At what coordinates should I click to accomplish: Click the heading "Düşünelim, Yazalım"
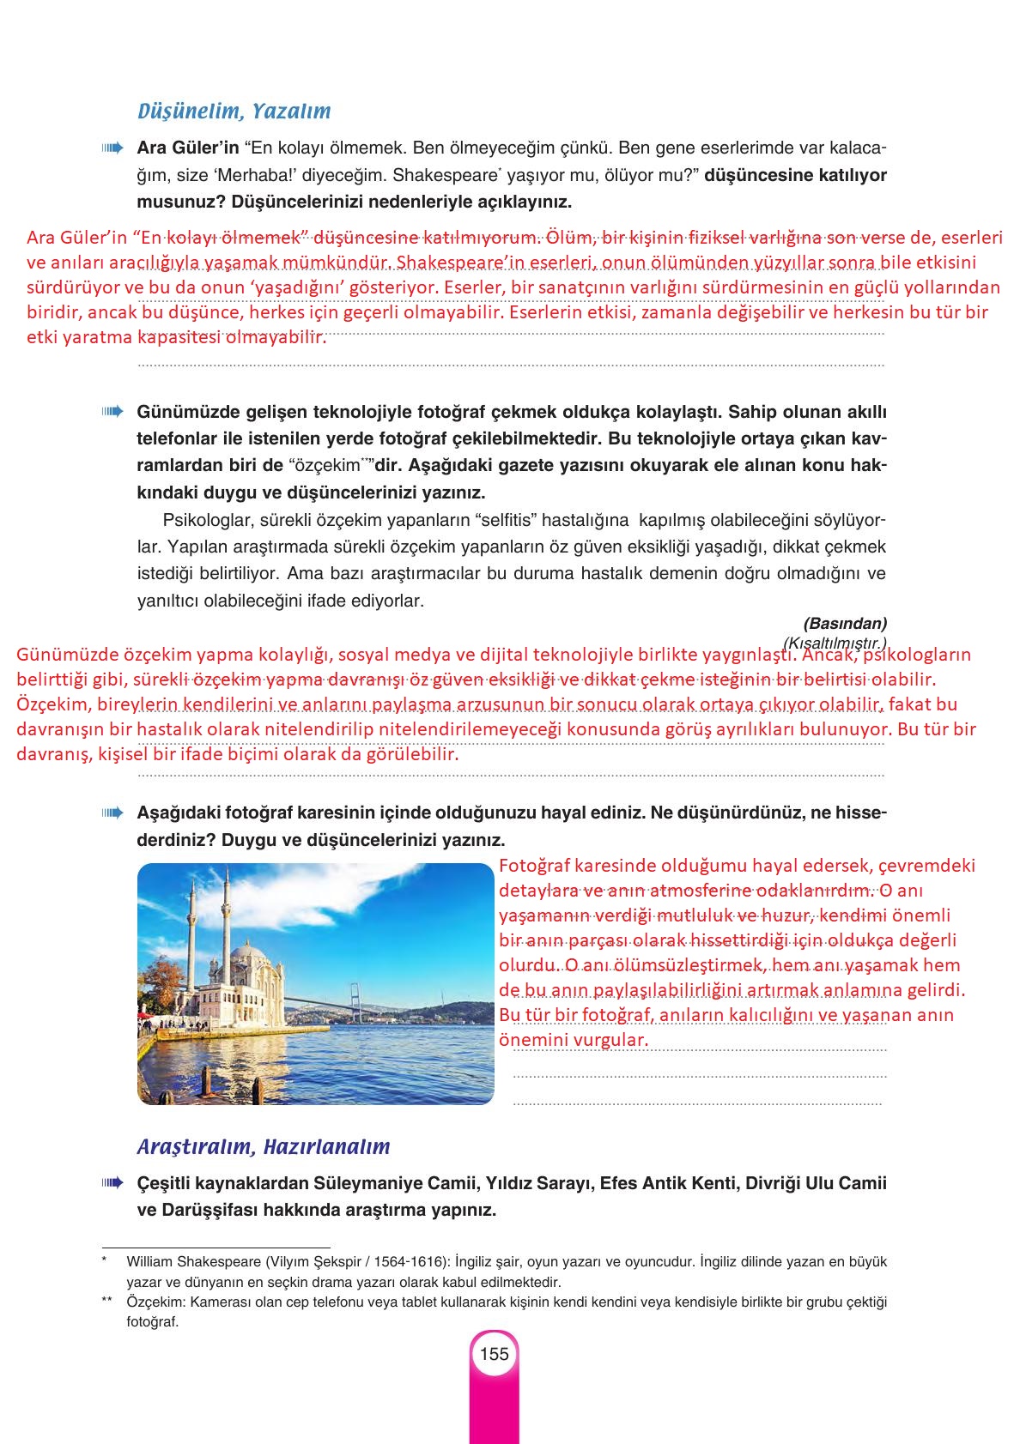pyautogui.click(x=234, y=112)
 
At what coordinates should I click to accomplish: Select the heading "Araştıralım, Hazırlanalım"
pyautogui.click(x=264, y=1147)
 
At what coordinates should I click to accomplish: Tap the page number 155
pyautogui.click(x=495, y=1354)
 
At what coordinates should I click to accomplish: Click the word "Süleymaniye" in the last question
pyautogui.click(x=428, y=1184)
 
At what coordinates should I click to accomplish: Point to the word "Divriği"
pyautogui.click(x=769, y=1184)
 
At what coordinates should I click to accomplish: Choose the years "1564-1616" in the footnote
pyautogui.click(x=415, y=1262)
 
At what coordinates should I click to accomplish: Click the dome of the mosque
pyautogui.click(x=246, y=951)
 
